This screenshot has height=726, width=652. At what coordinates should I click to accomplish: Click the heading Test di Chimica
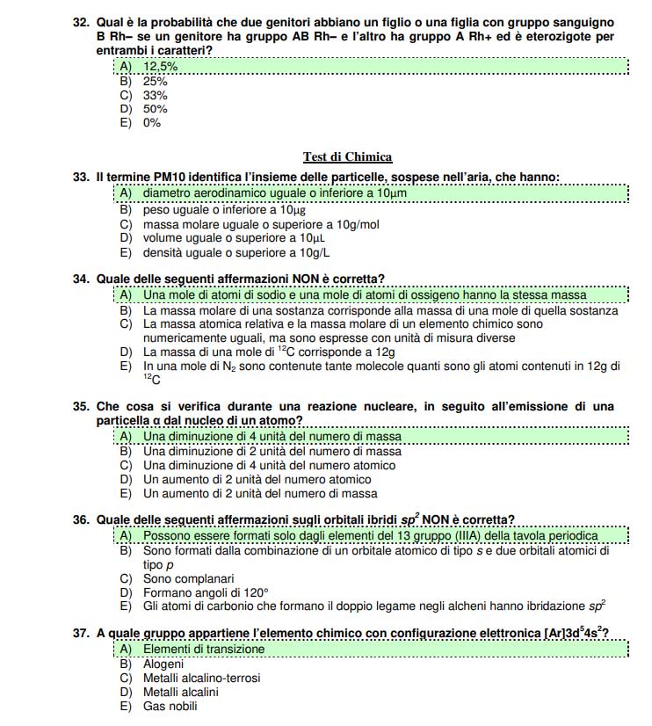click(347, 157)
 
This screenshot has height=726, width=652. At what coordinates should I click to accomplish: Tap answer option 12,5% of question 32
click(160, 67)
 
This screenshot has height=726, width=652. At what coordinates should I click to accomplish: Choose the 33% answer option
click(155, 95)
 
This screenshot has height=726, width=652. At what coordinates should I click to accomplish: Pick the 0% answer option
click(151, 123)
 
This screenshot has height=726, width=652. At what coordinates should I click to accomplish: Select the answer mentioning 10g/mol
click(260, 224)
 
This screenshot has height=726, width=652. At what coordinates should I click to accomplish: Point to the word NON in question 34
click(265, 280)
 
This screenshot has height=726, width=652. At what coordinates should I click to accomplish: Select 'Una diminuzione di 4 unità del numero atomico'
click(269, 465)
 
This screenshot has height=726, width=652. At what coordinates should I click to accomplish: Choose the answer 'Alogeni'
click(163, 664)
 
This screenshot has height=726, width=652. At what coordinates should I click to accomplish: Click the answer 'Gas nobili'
click(170, 706)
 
